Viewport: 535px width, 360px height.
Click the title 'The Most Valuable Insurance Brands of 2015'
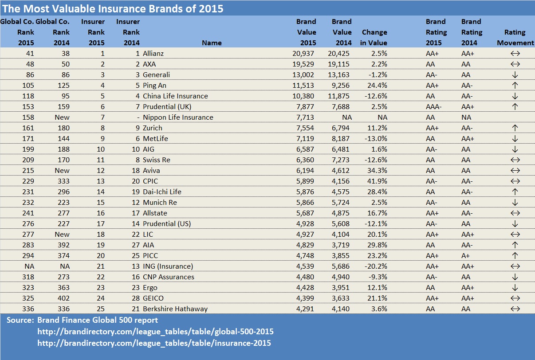pyautogui.click(x=113, y=8)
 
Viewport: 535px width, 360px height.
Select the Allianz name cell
pyautogui.click(x=153, y=53)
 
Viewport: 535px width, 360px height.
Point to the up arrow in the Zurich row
pyautogui.click(x=515, y=128)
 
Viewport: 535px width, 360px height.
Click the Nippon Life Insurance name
pyautogui.click(x=178, y=117)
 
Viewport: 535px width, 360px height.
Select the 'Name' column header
pyautogui.click(x=212, y=43)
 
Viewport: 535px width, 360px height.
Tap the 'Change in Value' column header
pyautogui.click(x=374, y=38)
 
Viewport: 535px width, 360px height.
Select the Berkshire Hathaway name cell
pyautogui.click(x=175, y=309)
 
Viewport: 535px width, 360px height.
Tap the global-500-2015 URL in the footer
pyautogui.click(x=155, y=332)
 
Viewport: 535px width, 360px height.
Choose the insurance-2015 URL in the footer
pyautogui.click(x=154, y=343)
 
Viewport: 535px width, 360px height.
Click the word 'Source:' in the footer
pyautogui.click(x=20, y=320)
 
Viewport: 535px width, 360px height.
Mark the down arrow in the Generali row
pyautogui.click(x=515, y=75)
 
